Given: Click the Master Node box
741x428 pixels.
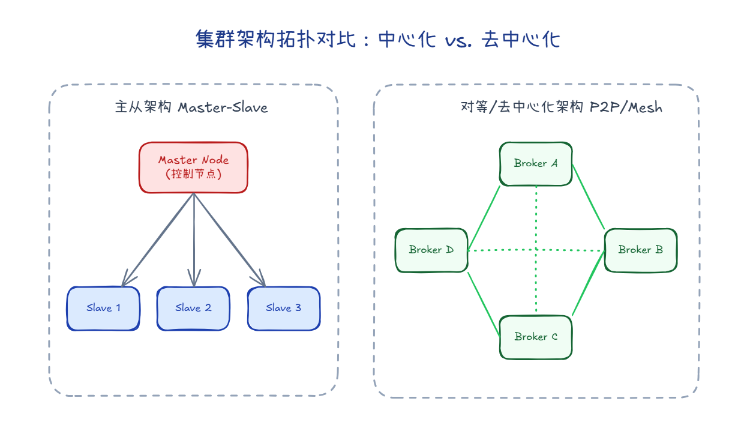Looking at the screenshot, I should (x=193, y=167).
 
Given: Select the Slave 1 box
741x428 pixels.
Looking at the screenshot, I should (x=103, y=309).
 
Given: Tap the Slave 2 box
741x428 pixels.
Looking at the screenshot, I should (x=193, y=309).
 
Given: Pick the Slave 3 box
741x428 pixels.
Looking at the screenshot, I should (x=284, y=309).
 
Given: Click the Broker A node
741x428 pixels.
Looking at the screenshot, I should (x=536, y=163).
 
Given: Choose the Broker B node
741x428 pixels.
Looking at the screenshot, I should (x=640, y=250).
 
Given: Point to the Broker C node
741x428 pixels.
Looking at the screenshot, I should (x=536, y=337).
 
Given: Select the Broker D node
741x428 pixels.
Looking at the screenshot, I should (x=431, y=250).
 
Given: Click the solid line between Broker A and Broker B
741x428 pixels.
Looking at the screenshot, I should (x=588, y=196).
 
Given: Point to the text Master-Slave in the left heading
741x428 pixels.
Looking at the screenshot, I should (x=223, y=107).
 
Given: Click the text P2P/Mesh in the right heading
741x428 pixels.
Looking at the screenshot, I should (x=626, y=107).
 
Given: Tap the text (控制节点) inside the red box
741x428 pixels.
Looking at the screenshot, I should (x=193, y=174).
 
